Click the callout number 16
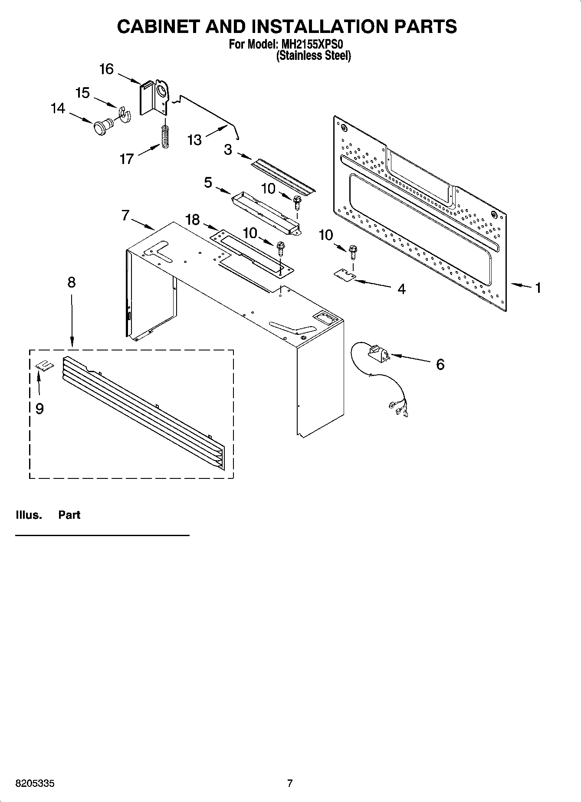(x=106, y=69)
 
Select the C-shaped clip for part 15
(x=125, y=114)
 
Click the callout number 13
(x=195, y=140)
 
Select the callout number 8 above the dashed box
(x=72, y=282)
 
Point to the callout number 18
(x=193, y=220)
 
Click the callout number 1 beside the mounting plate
(x=538, y=288)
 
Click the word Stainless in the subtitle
(x=299, y=56)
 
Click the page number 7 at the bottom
(x=290, y=783)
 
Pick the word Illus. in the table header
(x=29, y=515)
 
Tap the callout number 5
(x=208, y=183)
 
